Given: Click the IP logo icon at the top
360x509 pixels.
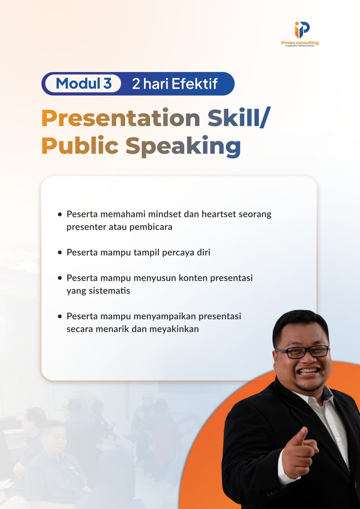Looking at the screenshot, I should [302, 30].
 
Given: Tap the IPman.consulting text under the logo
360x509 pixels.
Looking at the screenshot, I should [300, 43].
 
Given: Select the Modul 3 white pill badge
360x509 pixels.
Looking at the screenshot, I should [83, 84].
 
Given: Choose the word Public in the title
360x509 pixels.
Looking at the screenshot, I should [80, 146].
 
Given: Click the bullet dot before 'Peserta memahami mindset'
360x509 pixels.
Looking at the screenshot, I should [60, 214].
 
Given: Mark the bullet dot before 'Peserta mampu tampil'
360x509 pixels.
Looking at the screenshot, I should [60, 253].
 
